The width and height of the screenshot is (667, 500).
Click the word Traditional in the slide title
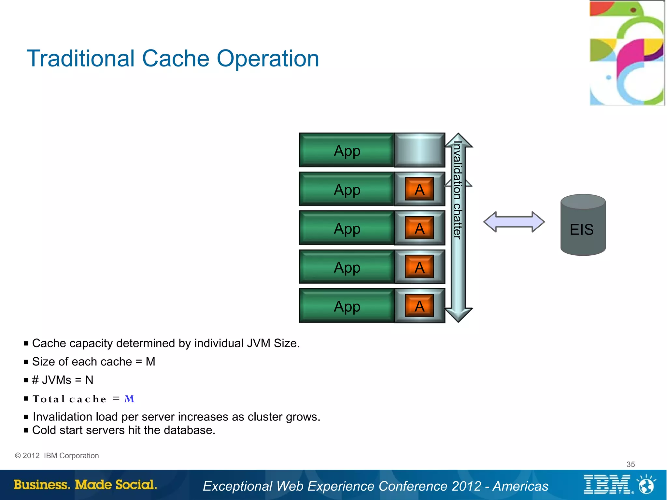click(80, 59)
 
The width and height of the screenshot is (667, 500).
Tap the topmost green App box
click(347, 150)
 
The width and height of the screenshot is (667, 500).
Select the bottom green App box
click(347, 306)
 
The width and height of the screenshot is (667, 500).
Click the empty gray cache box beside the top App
click(419, 150)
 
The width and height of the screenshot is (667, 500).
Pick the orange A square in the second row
click(419, 189)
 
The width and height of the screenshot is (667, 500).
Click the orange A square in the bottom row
click(419, 306)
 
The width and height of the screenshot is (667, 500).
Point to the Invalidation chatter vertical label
click(458, 191)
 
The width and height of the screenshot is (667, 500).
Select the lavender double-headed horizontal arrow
click(514, 222)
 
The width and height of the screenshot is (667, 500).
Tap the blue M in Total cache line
click(129, 399)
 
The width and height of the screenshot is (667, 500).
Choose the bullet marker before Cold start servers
click(26, 431)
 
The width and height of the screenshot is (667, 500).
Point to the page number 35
click(631, 464)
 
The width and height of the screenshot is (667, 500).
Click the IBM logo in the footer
click(607, 484)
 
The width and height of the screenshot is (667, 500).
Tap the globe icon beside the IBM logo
click(646, 485)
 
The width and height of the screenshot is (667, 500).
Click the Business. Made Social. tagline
click(85, 485)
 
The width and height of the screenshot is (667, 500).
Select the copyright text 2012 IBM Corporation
click(57, 456)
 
